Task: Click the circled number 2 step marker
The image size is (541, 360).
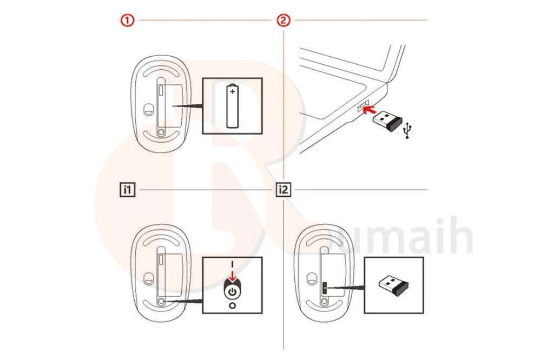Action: tap(283, 21)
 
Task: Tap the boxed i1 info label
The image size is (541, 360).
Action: tap(127, 190)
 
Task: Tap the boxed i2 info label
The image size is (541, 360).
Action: tap(283, 190)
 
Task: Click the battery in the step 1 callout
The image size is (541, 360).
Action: tap(233, 105)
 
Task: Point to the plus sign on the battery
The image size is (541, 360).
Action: tap(233, 92)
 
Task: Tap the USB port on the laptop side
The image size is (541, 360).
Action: tap(361, 107)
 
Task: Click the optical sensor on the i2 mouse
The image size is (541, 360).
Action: tap(311, 279)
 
